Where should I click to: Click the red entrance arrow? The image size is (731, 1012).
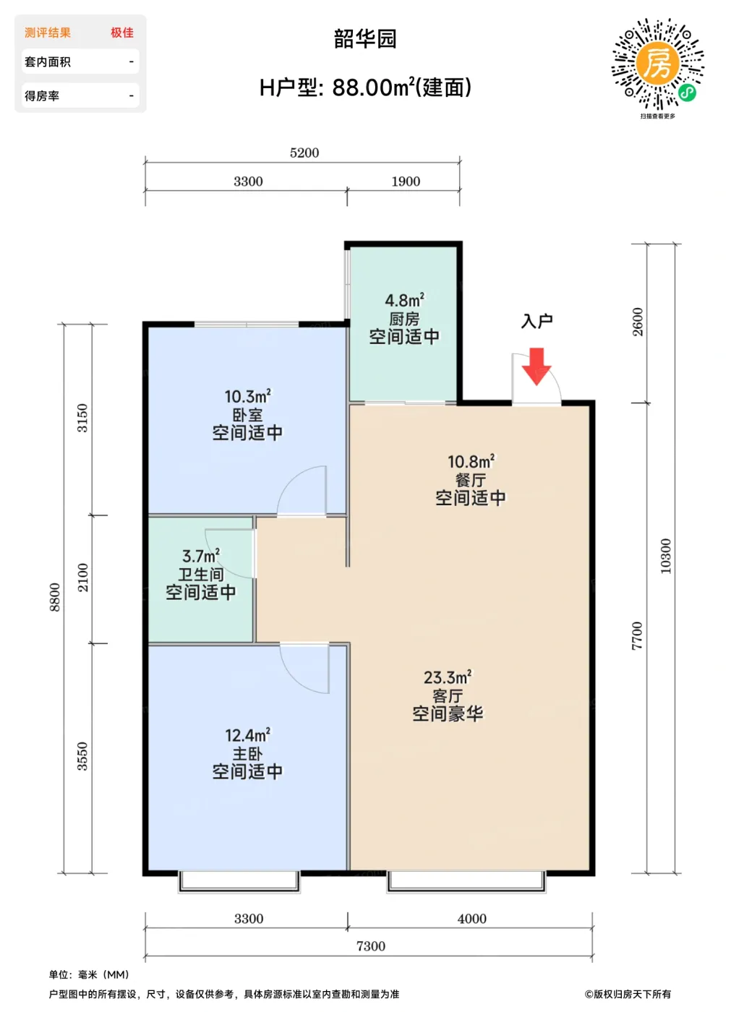537,366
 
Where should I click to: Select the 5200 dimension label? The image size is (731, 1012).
304,153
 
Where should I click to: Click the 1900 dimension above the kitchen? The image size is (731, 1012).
405,181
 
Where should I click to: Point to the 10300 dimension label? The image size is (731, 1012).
665,556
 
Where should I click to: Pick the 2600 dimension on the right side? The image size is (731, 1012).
637,322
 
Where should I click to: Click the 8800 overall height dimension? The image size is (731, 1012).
54,597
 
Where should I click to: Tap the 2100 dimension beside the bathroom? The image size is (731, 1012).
82,578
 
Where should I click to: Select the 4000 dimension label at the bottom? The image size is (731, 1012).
471,919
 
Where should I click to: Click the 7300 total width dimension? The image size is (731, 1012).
370,946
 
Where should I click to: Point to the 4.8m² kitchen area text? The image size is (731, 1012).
404,300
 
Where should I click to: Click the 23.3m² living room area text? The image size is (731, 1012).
448,677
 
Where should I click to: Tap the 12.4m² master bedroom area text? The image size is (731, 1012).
247,735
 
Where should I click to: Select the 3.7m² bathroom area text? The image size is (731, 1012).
200,556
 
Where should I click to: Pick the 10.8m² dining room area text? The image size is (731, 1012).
471,461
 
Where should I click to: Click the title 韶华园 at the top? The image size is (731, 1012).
365,39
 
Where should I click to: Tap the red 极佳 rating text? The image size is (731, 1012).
122,33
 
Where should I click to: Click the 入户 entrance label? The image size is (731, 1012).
537,321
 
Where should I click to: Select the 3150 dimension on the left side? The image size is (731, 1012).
82,418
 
